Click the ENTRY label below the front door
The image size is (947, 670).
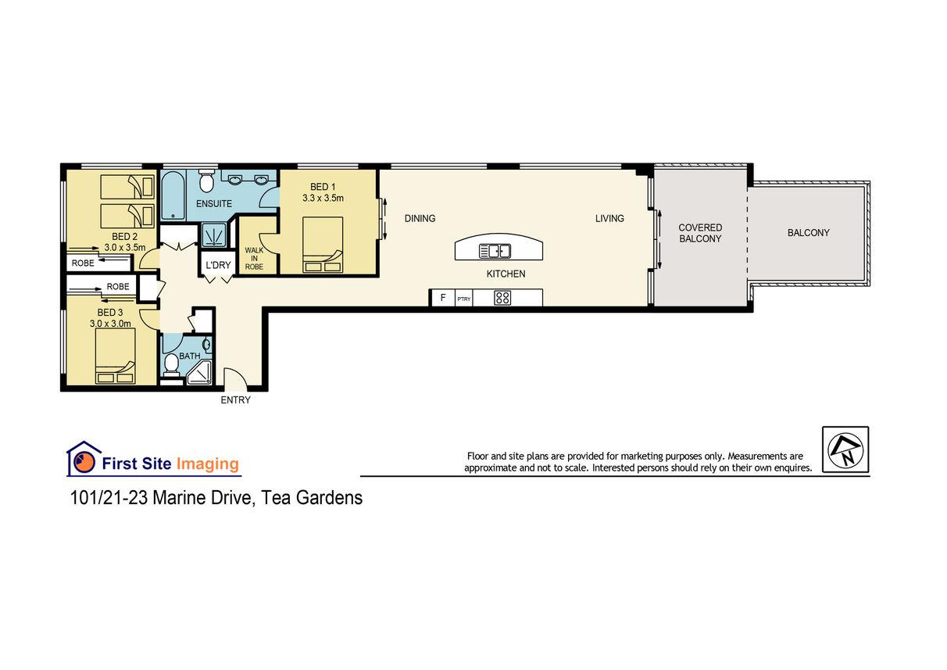(235, 400)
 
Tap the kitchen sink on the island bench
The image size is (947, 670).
(495, 251)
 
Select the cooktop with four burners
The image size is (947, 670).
(502, 298)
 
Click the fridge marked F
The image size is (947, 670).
(443, 298)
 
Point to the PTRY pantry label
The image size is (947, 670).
(464, 299)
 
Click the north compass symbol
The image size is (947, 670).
(845, 450)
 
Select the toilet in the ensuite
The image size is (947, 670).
(207, 181)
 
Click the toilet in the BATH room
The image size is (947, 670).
(171, 365)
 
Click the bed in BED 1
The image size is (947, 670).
(323, 245)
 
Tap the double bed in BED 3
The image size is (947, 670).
(116, 356)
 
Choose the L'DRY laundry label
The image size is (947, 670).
(218, 265)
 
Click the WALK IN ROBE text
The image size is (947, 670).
(254, 259)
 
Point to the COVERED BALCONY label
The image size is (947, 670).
(700, 233)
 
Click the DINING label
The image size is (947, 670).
(420, 219)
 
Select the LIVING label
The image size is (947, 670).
(609, 219)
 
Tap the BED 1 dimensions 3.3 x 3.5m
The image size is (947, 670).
(323, 198)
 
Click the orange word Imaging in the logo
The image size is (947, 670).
(208, 464)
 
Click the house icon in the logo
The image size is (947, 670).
(84, 458)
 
